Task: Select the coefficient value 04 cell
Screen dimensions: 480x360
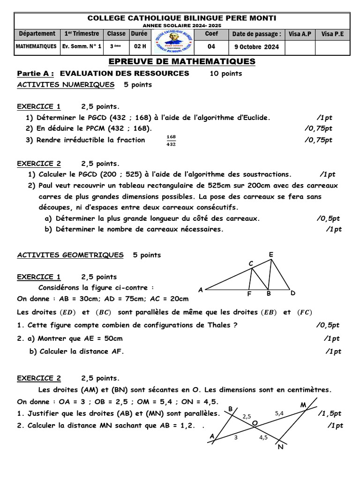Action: [x=211, y=46]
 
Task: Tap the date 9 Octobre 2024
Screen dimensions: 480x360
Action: [x=256, y=46]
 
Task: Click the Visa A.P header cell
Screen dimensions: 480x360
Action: [x=300, y=34]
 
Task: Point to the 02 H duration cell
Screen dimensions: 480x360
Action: [x=140, y=46]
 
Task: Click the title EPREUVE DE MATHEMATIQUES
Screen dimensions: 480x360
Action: [x=182, y=61]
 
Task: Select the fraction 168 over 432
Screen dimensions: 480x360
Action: [x=171, y=141]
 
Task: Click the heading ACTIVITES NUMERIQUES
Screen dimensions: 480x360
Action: [x=66, y=85]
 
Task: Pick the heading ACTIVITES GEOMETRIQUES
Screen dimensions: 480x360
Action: [x=70, y=255]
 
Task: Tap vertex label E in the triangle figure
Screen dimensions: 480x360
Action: [x=270, y=255]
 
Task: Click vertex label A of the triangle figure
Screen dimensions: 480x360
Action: [x=201, y=290]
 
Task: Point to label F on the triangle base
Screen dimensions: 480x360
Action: [x=249, y=294]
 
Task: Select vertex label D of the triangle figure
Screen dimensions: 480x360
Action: [x=292, y=293]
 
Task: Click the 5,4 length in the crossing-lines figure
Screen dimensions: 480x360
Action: [x=279, y=413]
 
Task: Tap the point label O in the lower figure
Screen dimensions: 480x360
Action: [x=255, y=423]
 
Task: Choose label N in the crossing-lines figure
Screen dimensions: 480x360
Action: [x=280, y=447]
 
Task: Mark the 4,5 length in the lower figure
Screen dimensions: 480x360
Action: [x=263, y=437]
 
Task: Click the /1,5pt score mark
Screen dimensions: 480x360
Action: [x=330, y=413]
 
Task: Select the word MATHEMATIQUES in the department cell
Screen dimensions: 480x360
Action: [x=37, y=46]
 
